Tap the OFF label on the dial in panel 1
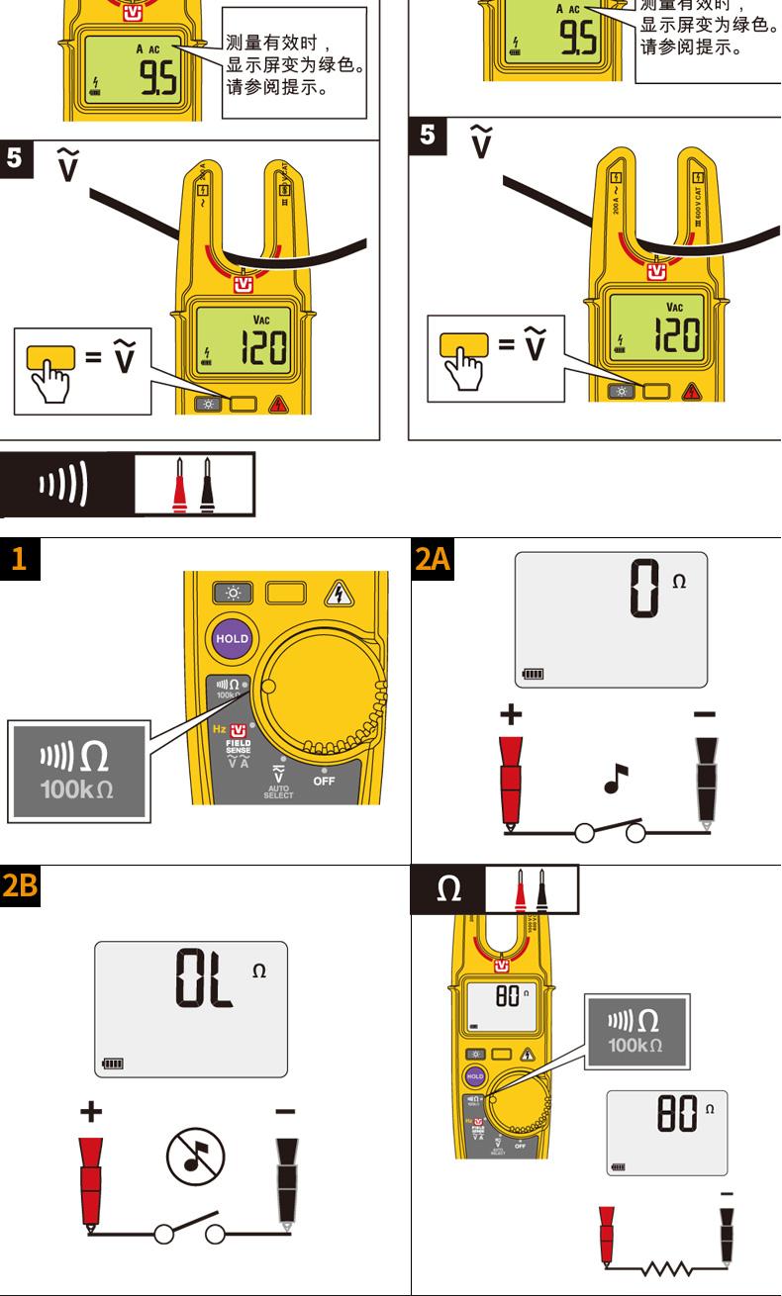click(x=324, y=780)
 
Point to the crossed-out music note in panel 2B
click(x=195, y=1157)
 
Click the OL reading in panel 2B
click(x=204, y=979)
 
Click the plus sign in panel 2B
click(x=90, y=1112)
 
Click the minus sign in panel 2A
click(x=704, y=713)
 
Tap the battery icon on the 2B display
click(x=115, y=1065)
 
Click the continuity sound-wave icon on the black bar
click(x=62, y=486)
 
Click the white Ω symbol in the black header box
click(x=447, y=889)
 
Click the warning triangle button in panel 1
click(x=340, y=593)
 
